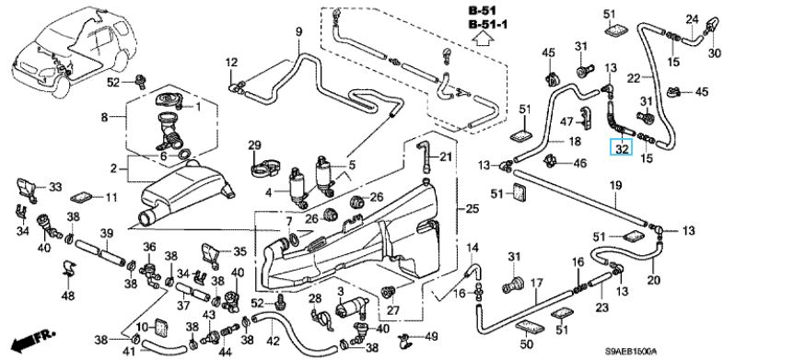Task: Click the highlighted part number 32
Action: click(x=622, y=149)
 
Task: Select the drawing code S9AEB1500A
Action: click(x=630, y=352)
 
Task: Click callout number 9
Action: click(x=299, y=32)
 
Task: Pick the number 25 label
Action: click(x=472, y=209)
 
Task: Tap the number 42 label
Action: click(x=274, y=341)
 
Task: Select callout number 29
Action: click(x=254, y=145)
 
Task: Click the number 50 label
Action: click(x=527, y=344)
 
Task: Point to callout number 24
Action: click(x=693, y=19)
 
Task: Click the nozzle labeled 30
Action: click(x=713, y=26)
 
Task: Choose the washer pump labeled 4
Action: click(x=297, y=187)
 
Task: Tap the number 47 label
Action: click(x=566, y=122)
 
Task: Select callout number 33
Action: click(x=55, y=187)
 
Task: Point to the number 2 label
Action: click(x=113, y=168)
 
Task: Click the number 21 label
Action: click(x=446, y=157)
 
